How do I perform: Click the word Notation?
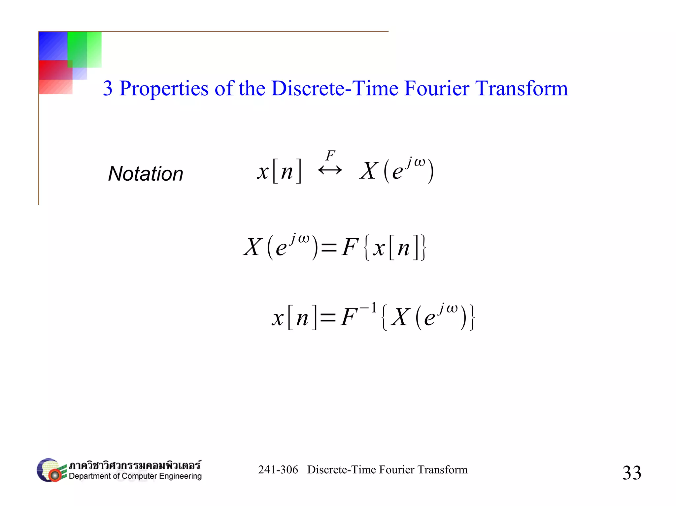(146, 174)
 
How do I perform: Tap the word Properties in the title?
(164, 89)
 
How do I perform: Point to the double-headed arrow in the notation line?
(330, 170)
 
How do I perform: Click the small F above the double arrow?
(330, 156)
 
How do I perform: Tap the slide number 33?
(631, 473)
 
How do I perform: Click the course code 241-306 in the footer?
(278, 470)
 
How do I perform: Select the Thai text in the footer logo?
(135, 465)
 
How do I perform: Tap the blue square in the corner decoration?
(53, 46)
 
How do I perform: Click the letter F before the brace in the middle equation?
(350, 247)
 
